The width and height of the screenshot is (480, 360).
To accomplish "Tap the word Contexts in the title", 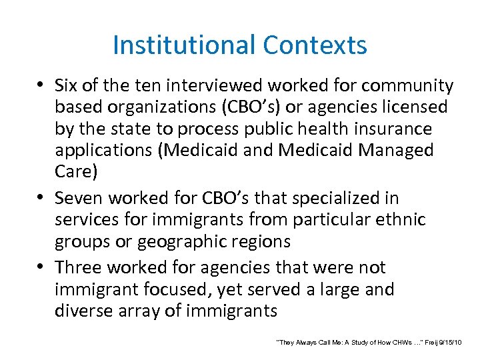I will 315,45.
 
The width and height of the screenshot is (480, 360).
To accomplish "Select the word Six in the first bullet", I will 67,86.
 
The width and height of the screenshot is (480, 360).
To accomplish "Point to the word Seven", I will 79,198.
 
